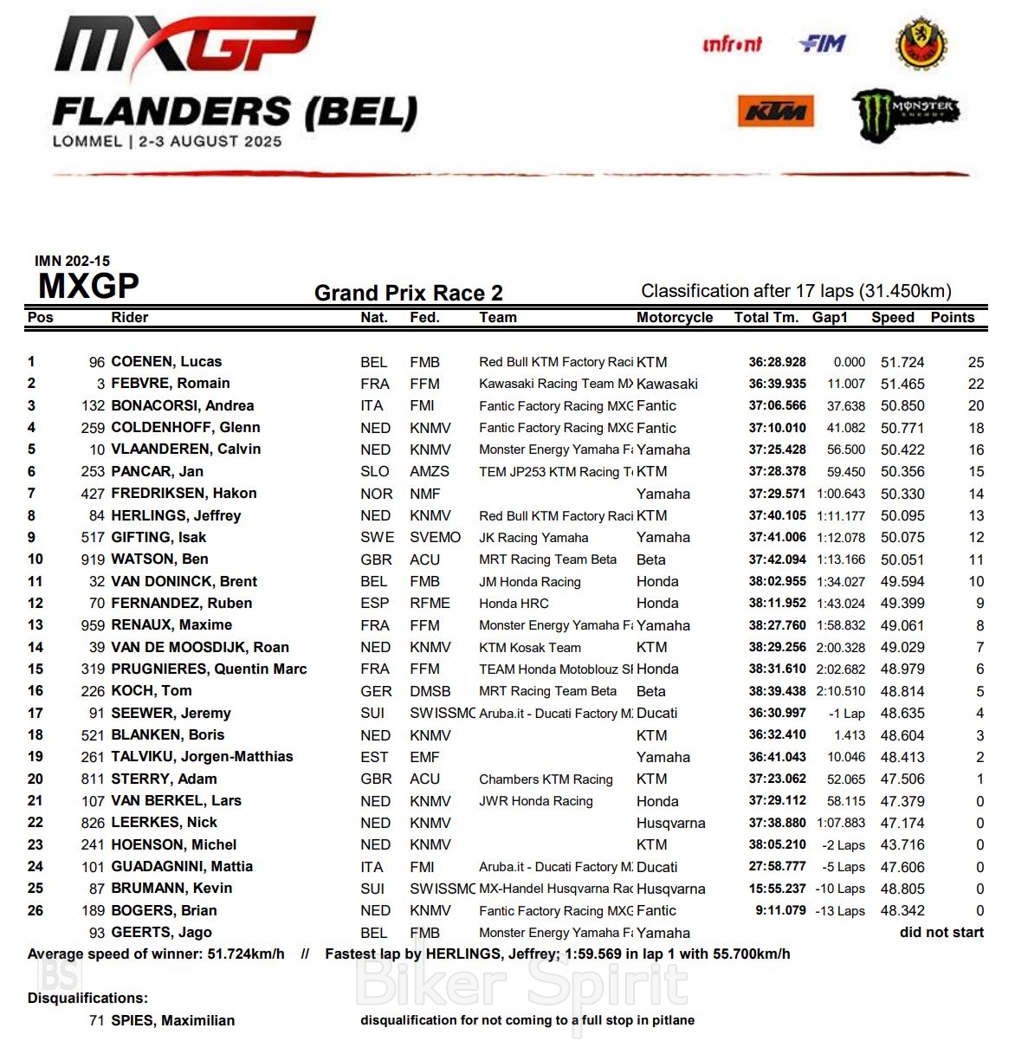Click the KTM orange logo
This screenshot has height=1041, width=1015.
pos(775,111)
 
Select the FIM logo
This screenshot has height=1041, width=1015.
pos(821,43)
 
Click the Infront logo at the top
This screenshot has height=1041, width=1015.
pos(732,43)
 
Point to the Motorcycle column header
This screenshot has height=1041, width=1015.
pos(675,317)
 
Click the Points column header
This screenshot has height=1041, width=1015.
pos(953,317)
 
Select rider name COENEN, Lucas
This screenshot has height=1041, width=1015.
pos(166,362)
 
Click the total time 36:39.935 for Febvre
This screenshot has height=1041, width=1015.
pos(777,384)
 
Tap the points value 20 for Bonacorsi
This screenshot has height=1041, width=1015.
pos(976,406)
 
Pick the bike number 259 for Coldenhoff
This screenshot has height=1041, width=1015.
pos(93,428)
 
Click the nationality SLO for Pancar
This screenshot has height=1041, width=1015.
pos(375,472)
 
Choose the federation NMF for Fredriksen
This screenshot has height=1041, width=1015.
pos(424,494)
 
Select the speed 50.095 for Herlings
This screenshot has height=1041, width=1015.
pos(902,516)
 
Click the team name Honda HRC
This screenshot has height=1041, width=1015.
pos(514,604)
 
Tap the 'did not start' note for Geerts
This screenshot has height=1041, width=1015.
pos(941,933)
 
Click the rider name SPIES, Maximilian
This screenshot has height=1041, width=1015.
pos(173,1020)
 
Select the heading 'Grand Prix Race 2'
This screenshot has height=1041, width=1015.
pos(408,293)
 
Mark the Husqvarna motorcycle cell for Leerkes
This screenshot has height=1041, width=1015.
pos(670,823)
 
